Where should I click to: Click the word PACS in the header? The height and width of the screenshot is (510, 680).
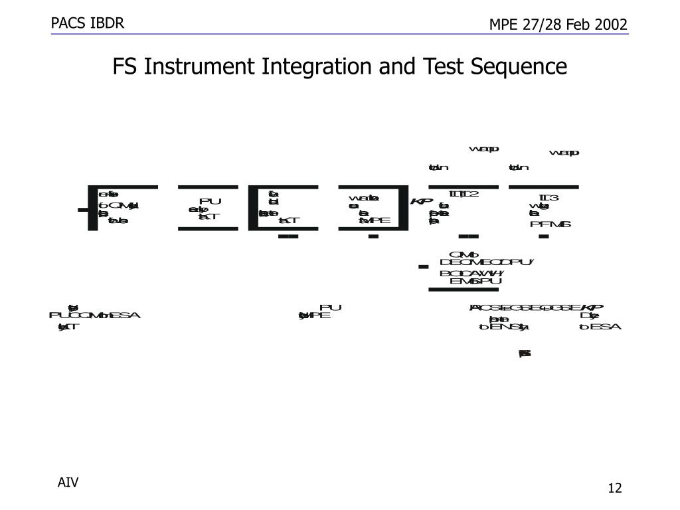[66, 24]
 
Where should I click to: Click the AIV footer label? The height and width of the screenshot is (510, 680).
[68, 482]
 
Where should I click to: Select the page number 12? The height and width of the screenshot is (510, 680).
[615, 489]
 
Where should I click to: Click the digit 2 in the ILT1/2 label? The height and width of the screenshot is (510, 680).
[474, 194]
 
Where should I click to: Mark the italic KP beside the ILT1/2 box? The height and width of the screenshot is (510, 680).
[421, 201]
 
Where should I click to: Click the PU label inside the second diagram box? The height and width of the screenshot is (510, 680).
[210, 201]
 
